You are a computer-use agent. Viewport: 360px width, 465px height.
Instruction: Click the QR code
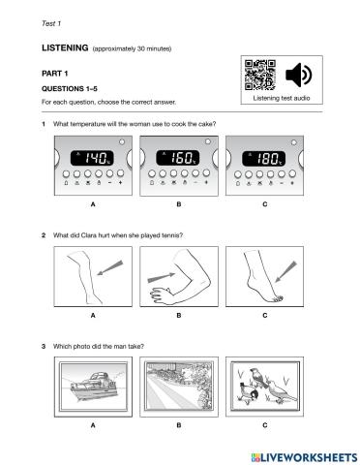point(259,75)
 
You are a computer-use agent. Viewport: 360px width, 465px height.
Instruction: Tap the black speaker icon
point(298,75)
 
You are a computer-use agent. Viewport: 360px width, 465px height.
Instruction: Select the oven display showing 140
point(92,158)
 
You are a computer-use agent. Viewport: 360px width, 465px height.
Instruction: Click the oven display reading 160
point(178,158)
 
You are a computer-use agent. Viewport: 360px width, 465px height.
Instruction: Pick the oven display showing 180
point(264,159)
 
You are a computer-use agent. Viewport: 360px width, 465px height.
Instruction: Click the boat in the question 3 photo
point(94,387)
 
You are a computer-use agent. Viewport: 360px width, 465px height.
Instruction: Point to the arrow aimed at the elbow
point(161,277)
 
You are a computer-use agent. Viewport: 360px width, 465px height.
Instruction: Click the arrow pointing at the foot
point(285,271)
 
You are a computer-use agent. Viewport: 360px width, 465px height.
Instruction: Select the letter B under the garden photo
point(179,425)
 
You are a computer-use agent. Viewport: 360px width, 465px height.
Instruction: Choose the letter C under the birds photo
point(265,425)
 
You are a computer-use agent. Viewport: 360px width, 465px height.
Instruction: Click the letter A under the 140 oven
point(93,204)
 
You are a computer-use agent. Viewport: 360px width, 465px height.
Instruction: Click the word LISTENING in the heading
point(65,47)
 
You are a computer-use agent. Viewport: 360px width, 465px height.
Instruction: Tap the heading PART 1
point(54,74)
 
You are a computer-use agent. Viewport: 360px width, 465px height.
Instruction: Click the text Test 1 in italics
point(51,23)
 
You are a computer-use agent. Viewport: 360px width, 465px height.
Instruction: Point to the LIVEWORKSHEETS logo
point(304,457)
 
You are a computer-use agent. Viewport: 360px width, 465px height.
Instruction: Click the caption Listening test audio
point(282,98)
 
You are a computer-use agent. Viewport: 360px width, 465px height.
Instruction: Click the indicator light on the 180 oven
point(293,142)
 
